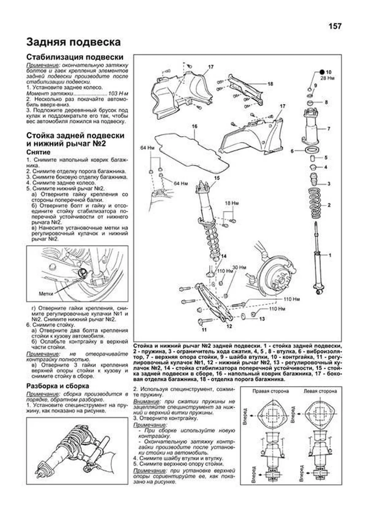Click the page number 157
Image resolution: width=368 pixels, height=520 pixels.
pos(335,26)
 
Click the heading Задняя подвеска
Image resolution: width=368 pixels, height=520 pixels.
pos(73,42)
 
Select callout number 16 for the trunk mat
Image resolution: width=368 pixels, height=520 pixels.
pos(194,126)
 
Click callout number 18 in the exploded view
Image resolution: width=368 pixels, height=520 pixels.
pos(270,84)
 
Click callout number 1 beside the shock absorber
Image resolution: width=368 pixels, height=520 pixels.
pos(330,255)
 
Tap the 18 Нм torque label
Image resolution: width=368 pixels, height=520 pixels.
pos(232,203)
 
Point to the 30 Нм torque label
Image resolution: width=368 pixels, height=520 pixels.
pos(240,267)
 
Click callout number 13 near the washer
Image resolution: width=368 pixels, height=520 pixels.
pos(262,319)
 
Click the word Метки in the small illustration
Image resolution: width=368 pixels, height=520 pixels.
pos(46,294)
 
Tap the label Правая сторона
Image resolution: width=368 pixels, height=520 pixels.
pos(271,391)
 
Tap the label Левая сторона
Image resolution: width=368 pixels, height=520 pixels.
pos(320,391)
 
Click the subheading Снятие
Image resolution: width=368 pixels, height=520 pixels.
pos(38,152)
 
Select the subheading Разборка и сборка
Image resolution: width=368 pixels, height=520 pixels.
pos(58,386)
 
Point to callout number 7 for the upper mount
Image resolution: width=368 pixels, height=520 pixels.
pos(329,129)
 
